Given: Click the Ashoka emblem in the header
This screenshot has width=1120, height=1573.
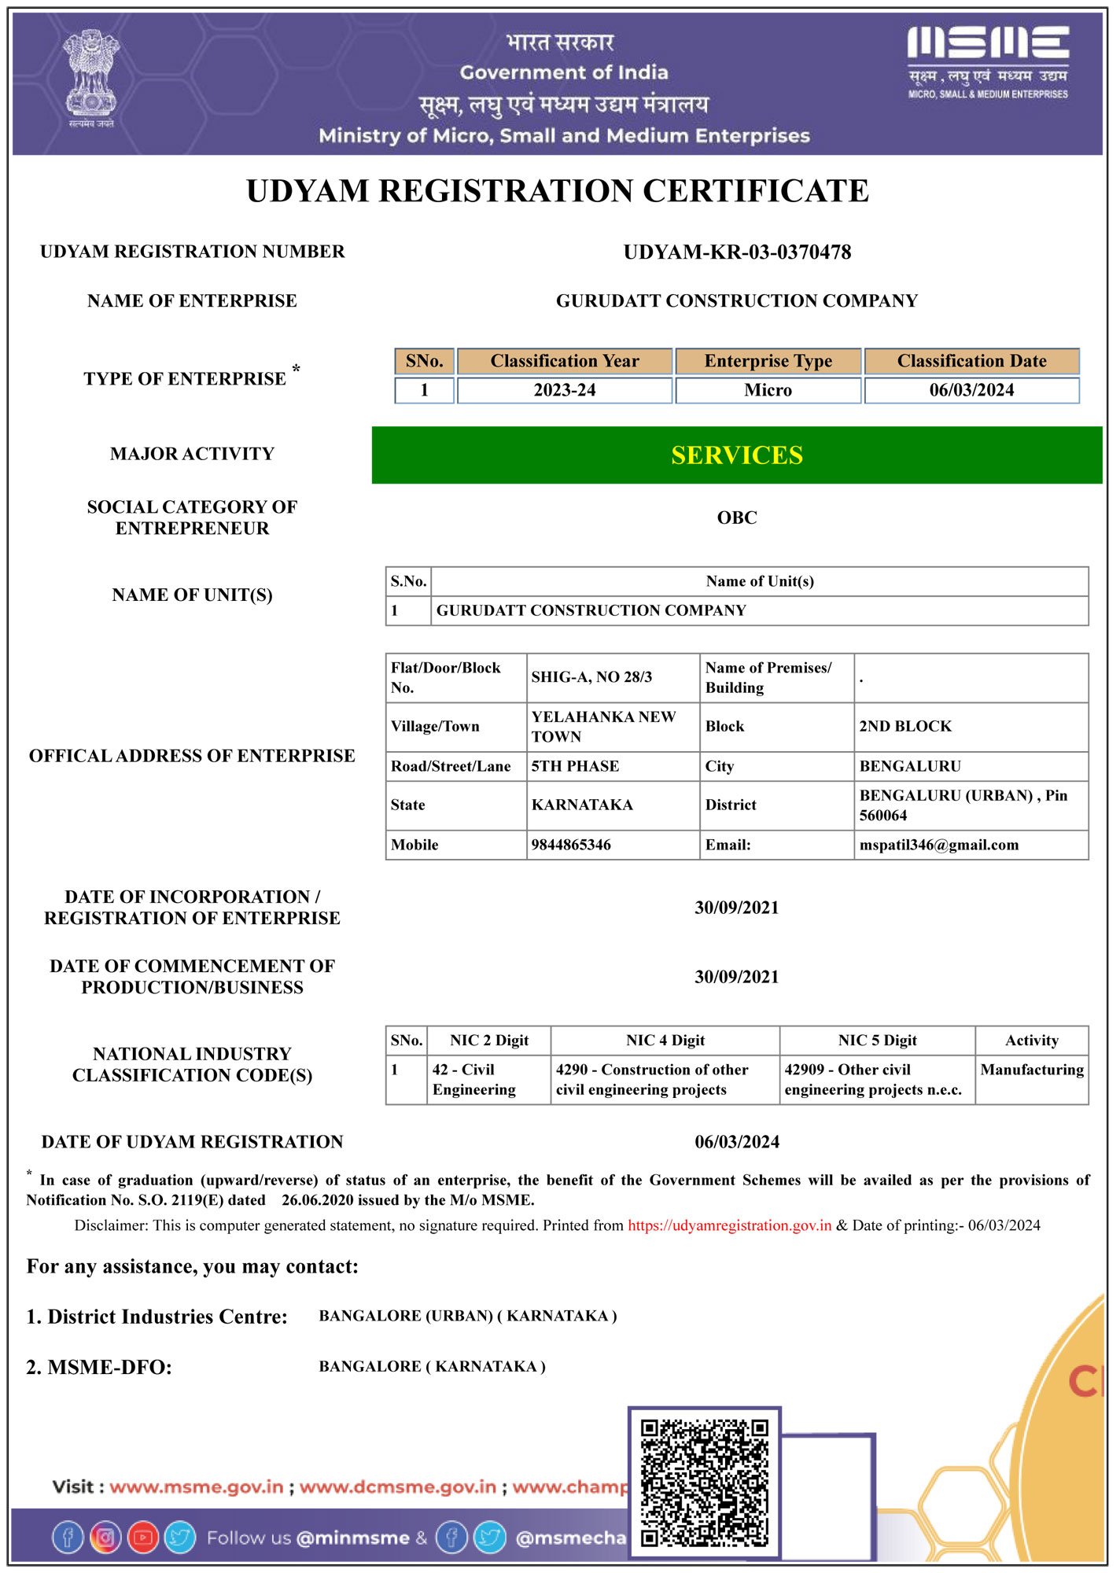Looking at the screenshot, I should point(91,77).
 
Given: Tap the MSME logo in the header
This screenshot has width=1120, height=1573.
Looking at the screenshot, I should point(988,61).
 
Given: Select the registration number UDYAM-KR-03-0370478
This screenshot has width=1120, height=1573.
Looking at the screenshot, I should point(737,252).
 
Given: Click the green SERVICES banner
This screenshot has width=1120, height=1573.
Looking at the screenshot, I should point(737,455).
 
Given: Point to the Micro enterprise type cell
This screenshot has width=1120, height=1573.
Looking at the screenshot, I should point(768,390).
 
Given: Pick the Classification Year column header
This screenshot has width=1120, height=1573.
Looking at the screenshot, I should point(565,361).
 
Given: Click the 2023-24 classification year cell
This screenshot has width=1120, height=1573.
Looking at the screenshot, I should point(565,390).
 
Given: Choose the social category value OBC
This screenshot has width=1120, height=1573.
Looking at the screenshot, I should point(737,518).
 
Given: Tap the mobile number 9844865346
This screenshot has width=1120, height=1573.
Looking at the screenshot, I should point(571,845).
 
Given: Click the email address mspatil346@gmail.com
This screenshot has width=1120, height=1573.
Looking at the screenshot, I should point(939,845).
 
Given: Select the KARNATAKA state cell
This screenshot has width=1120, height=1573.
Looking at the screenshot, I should point(582,805).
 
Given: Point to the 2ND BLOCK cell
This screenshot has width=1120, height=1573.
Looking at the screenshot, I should point(905,726).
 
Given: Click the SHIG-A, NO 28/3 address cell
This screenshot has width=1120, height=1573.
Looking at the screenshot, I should point(591,677).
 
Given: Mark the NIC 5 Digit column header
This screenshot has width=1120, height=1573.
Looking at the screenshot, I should point(877,1041).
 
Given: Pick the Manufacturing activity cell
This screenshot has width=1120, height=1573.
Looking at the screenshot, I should point(1032,1070).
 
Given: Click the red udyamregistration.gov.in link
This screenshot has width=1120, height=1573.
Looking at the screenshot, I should point(729,1225).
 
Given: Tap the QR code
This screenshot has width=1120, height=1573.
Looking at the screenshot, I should point(704,1483).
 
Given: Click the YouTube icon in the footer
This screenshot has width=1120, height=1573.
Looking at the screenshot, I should point(143,1538).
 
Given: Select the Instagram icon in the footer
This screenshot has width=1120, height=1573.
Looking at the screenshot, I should point(105,1538).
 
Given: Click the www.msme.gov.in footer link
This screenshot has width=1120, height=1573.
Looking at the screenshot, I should point(197,1487).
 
